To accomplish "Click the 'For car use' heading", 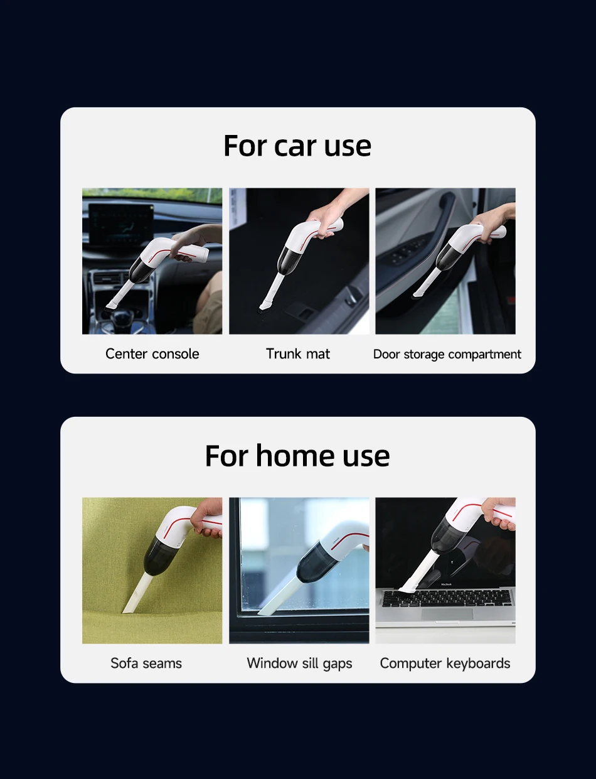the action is click(297, 146).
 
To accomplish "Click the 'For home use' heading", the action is click(297, 455).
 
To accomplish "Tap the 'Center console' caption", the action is click(152, 354).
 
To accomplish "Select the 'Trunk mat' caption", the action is click(297, 354).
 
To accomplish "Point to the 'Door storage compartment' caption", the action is click(447, 355).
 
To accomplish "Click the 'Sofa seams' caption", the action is click(146, 663).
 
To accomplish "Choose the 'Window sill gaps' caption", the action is click(299, 664).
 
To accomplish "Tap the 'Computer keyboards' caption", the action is click(445, 664).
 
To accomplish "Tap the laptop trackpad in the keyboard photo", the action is click(447, 614).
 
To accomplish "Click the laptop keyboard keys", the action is click(447, 598).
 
